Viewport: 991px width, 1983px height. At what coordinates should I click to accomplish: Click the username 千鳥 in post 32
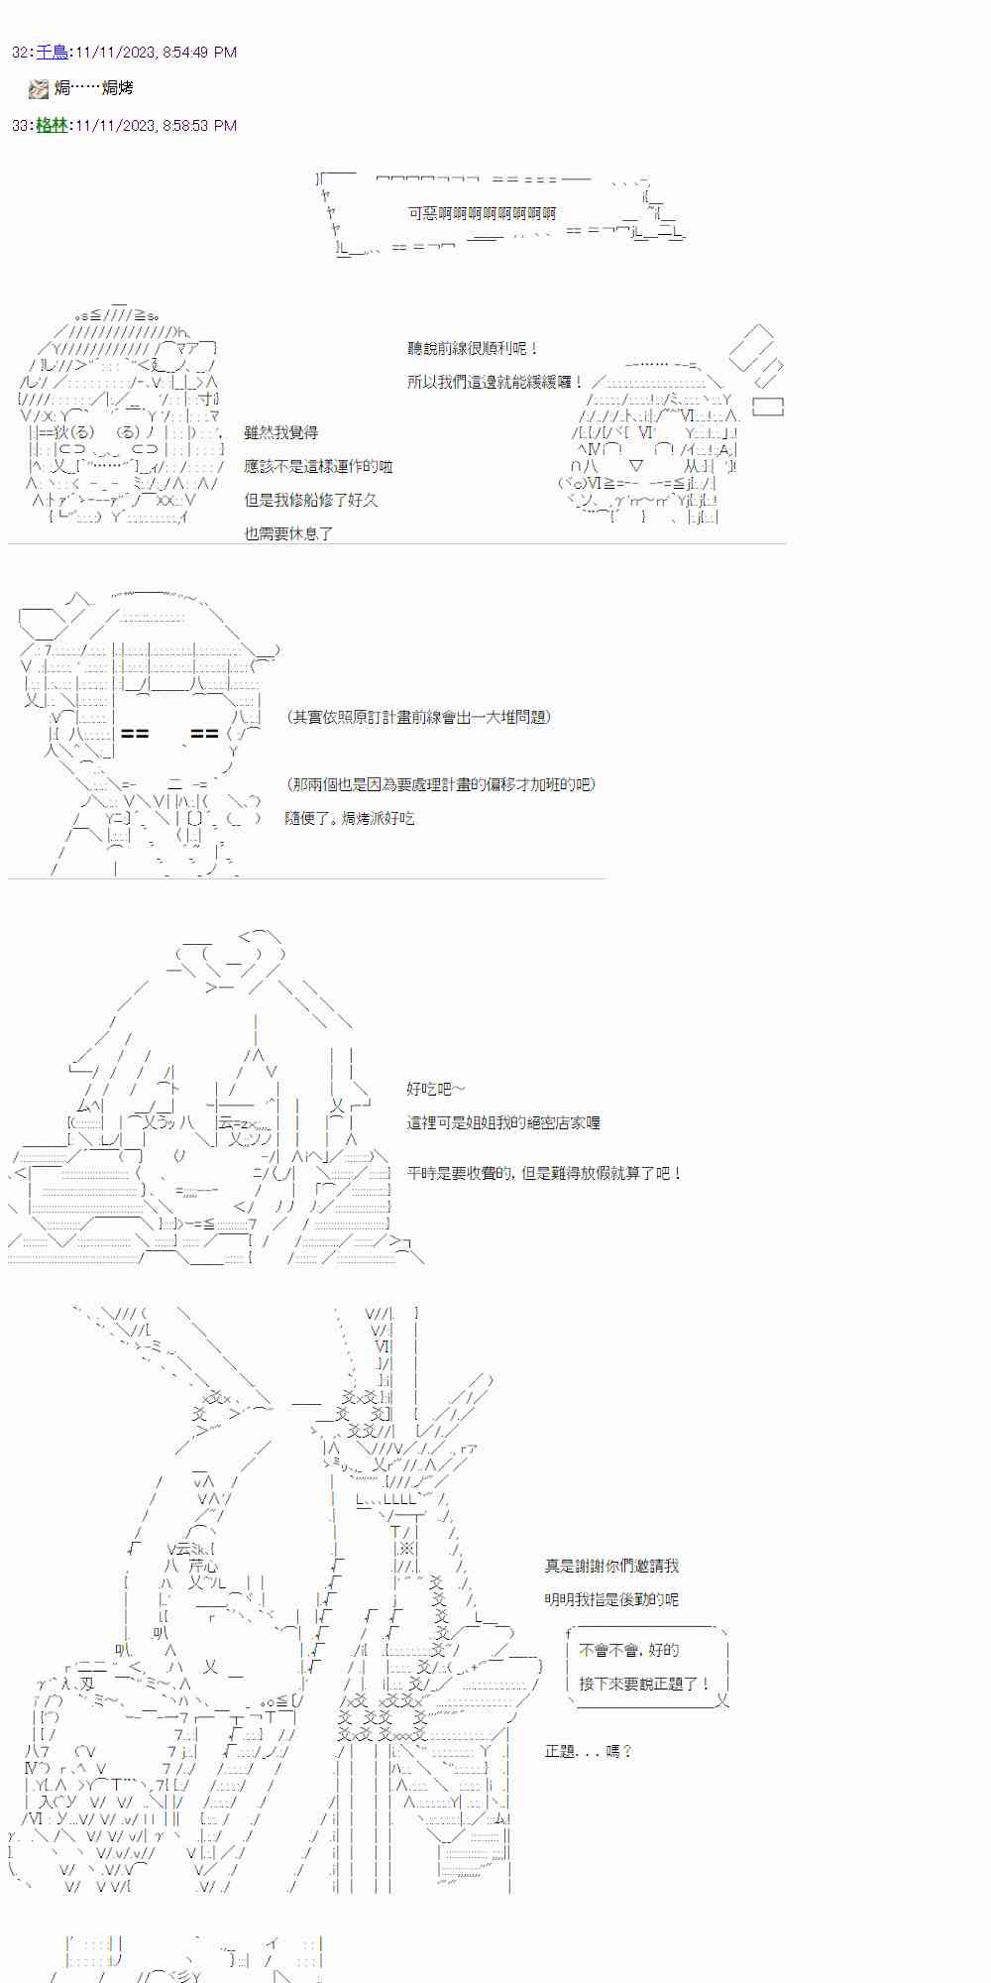(x=52, y=53)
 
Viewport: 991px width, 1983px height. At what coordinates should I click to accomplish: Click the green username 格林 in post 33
(x=52, y=126)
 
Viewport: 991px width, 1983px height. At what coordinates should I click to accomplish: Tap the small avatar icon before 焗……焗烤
(x=39, y=89)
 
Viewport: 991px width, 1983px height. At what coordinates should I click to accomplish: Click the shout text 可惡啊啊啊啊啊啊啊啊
(x=482, y=213)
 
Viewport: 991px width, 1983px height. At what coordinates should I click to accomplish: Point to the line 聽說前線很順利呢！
(x=473, y=349)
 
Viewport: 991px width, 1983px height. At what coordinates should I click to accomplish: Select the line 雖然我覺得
(x=280, y=432)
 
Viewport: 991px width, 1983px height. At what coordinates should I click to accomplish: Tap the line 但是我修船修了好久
(x=310, y=500)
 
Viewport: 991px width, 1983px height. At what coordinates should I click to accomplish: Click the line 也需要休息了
(x=288, y=533)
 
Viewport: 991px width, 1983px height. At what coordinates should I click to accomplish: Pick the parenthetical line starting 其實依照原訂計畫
(x=417, y=717)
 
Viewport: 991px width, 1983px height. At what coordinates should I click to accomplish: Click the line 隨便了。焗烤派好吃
(x=349, y=818)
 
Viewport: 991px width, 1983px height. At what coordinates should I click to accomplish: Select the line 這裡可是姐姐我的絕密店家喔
(x=502, y=1122)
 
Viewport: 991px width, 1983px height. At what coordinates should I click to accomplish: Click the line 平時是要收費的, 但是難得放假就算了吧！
(x=544, y=1173)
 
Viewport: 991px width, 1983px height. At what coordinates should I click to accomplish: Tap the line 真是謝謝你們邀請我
(x=611, y=1566)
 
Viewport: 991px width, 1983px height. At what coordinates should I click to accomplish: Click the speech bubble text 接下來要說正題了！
(x=644, y=1684)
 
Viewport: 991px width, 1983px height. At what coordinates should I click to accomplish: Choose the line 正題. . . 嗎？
(x=588, y=1751)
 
